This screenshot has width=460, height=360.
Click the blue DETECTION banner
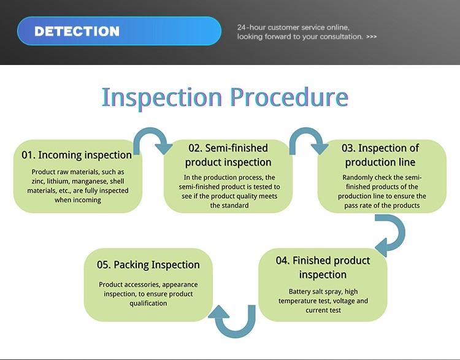(x=119, y=31)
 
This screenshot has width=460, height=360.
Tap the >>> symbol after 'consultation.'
(x=372, y=37)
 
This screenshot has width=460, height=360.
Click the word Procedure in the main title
(x=289, y=97)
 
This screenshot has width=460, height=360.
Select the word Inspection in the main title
(x=162, y=98)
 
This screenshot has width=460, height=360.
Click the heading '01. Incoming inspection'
(x=77, y=155)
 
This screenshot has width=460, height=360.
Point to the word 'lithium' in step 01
(x=58, y=182)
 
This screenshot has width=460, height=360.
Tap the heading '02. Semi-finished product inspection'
(x=228, y=155)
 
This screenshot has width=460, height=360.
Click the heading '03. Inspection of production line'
(x=380, y=155)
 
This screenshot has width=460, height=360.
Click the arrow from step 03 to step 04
(x=401, y=232)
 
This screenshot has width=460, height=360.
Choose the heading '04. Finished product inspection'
(x=323, y=267)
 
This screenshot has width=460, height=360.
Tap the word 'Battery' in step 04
(x=299, y=292)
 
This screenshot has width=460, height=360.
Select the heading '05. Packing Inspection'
(x=148, y=265)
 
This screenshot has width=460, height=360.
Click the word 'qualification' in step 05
(x=148, y=304)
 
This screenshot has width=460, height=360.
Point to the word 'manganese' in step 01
(x=88, y=182)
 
